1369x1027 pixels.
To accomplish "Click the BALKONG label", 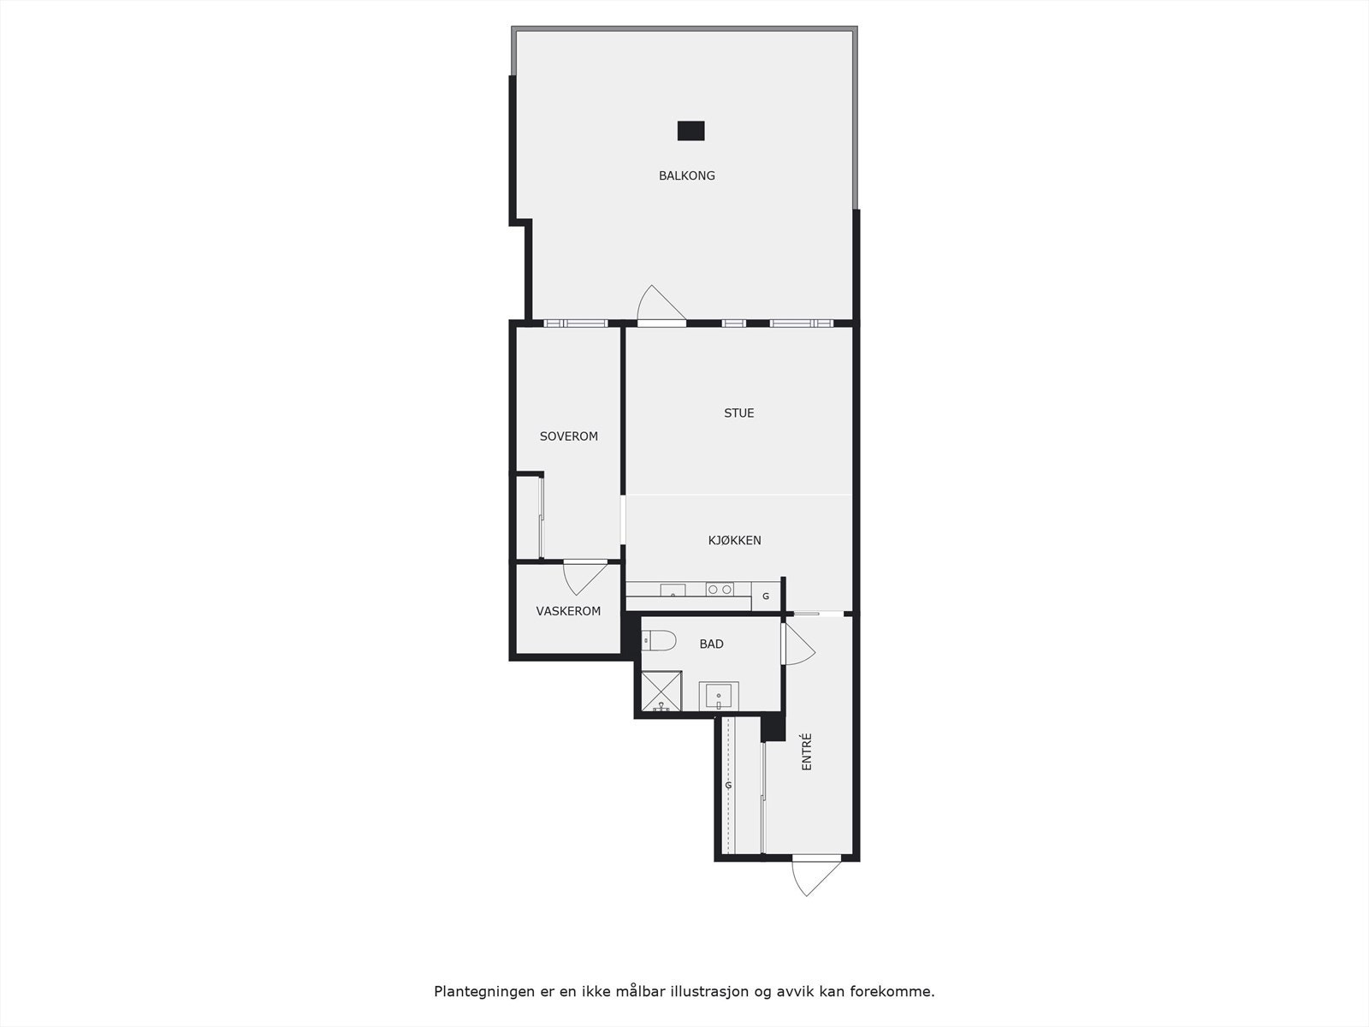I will [x=686, y=175].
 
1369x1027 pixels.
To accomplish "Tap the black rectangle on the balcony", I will [x=690, y=130].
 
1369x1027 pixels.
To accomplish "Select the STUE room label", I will [x=739, y=413].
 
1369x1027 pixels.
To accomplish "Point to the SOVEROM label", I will [x=568, y=436].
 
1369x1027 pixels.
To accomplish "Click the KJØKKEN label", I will [x=734, y=540].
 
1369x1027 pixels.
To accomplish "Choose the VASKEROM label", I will [x=568, y=611].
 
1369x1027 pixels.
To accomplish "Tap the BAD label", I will [x=711, y=644].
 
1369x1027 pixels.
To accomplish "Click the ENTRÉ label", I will [x=806, y=752].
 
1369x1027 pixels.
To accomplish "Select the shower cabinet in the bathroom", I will [x=661, y=692].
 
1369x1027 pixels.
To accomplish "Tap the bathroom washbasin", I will [x=719, y=696].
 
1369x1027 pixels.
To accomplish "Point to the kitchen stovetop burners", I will [x=719, y=590].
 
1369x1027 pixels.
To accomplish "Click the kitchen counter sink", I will [x=673, y=591].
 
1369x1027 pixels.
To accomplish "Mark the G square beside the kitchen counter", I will [x=766, y=596].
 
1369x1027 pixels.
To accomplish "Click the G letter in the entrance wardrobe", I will [x=729, y=785].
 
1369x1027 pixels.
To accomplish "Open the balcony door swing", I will [x=659, y=305].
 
